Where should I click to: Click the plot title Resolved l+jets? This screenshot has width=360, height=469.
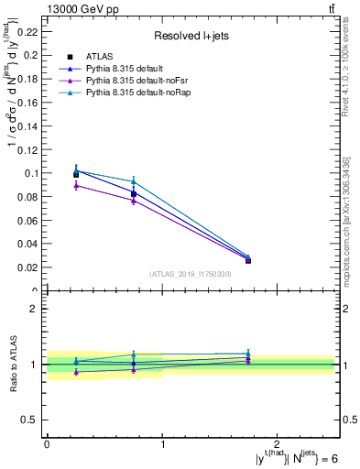click(x=191, y=36)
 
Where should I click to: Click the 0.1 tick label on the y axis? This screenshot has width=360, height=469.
click(x=32, y=173)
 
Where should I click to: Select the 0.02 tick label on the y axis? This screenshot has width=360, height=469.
click(x=29, y=267)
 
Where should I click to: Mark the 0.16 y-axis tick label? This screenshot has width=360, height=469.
click(x=29, y=102)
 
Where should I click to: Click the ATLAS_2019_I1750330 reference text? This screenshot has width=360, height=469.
click(x=190, y=273)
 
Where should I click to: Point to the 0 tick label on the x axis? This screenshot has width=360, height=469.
click(x=47, y=443)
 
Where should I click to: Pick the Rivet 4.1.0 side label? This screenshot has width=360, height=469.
click(x=349, y=73)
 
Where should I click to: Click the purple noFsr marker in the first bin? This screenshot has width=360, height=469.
click(x=76, y=185)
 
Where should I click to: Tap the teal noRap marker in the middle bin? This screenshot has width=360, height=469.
click(x=134, y=181)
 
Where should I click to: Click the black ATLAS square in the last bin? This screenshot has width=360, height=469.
click(x=248, y=261)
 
